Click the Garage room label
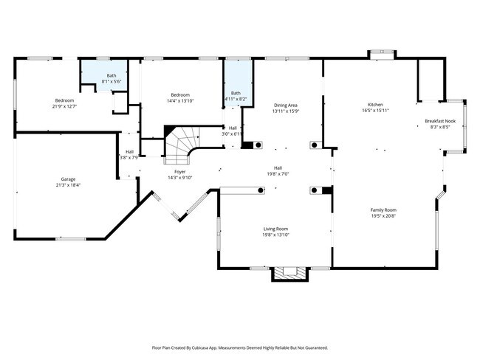(x=69, y=179)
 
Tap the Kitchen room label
(x=377, y=105)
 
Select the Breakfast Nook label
(x=439, y=121)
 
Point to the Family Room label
(x=383, y=210)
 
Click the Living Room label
(x=275, y=229)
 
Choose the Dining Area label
(x=285, y=105)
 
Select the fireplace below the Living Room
(x=289, y=274)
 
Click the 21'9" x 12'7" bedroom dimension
(x=64, y=106)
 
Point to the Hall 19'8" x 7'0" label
(x=278, y=173)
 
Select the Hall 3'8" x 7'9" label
(x=129, y=157)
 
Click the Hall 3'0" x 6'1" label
(x=233, y=134)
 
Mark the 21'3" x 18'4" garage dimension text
(x=69, y=185)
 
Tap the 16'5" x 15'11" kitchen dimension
(x=376, y=111)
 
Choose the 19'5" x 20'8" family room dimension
(x=383, y=215)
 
